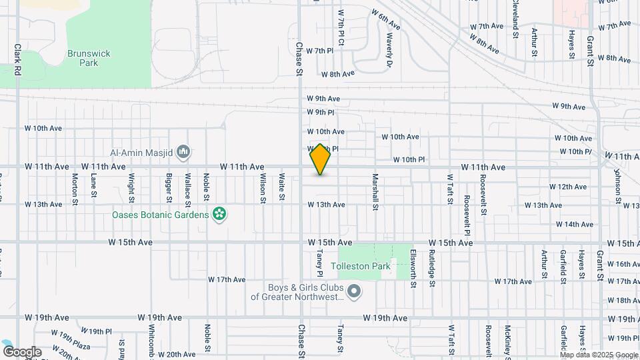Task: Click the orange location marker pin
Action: coord(321,159)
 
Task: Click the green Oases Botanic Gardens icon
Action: coord(219,214)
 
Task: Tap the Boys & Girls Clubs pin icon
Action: coord(355,291)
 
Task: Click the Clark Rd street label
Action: coord(18,60)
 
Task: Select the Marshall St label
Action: coord(375,193)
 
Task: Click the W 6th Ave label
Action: coord(386,20)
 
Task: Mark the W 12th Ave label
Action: coord(568,187)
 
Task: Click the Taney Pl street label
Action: coord(320,263)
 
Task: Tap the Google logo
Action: coord(21,351)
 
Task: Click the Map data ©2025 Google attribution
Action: coord(598,355)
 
